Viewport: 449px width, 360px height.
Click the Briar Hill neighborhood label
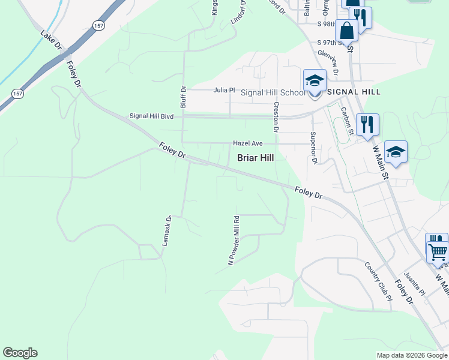[x=256, y=158]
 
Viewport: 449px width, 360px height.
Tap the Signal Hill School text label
[x=273, y=92]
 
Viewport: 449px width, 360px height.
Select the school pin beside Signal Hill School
[x=315, y=82]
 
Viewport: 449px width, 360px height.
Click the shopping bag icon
[x=347, y=30]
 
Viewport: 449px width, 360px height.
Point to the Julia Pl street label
[x=224, y=90]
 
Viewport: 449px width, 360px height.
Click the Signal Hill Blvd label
[x=151, y=116]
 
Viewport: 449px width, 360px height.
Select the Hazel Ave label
[x=249, y=144]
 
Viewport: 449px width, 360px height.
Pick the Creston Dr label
[x=276, y=117]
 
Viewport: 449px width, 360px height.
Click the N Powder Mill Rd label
[x=233, y=241]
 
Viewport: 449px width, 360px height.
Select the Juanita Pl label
[x=415, y=284]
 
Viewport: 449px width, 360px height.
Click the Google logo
[x=20, y=353]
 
